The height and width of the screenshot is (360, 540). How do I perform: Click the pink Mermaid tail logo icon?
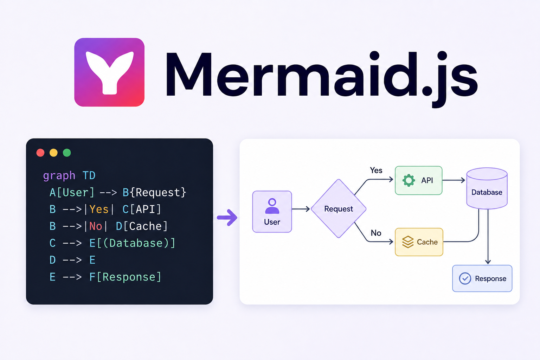109,72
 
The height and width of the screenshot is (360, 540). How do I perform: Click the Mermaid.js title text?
322,77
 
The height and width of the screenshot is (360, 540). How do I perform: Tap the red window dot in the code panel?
40,153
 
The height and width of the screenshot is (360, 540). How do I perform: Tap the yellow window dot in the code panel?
53,153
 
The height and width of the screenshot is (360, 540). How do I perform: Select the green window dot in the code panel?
67,153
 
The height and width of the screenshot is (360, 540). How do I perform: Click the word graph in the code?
59,176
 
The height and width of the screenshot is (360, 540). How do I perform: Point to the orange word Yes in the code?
99,209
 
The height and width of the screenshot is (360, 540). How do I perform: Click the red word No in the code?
96,226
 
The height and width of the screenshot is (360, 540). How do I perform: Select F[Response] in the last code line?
125,277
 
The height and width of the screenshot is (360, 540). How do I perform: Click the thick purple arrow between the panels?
227,218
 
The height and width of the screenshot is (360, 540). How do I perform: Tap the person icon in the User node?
272,206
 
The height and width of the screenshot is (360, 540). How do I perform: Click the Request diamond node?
339,208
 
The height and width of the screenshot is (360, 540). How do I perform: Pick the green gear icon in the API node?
409,180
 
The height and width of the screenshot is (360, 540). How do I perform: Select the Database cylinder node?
487,188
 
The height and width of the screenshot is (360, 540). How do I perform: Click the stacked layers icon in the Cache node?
408,242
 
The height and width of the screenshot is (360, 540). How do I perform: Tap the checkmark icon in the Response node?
465,278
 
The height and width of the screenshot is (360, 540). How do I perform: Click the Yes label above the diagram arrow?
376,171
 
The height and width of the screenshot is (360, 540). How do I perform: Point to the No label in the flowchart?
376,233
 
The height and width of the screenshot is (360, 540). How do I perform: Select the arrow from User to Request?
301,209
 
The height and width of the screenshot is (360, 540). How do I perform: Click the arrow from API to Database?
454,180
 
